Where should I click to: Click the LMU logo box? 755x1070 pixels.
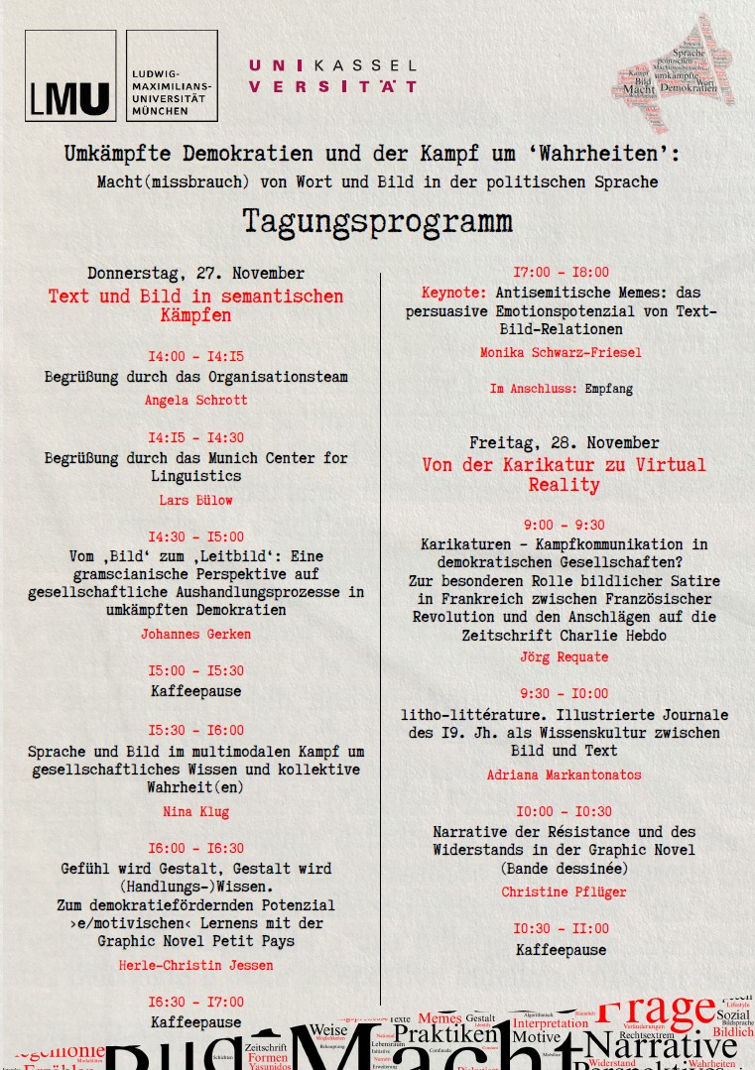point(70,75)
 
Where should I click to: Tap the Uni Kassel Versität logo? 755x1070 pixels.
point(332,75)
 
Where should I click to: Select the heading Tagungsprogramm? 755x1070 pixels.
point(377,220)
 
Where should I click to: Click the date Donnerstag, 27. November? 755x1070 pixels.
point(195,273)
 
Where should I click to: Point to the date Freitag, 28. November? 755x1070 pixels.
point(564,442)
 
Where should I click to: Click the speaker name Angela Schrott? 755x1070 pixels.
point(195,400)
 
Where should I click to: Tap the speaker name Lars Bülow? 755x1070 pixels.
point(195,500)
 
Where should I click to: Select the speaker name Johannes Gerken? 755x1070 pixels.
point(195,634)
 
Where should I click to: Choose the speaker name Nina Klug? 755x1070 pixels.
point(195,811)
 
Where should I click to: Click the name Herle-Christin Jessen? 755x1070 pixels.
point(195,965)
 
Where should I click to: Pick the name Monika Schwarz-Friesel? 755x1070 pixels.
point(561,352)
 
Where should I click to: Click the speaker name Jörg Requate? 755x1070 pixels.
point(564,656)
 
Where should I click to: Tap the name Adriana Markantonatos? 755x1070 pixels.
point(564,774)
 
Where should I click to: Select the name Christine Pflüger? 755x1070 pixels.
point(564,892)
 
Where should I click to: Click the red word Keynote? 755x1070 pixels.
point(453,293)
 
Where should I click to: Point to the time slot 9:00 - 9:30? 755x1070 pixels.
point(564,525)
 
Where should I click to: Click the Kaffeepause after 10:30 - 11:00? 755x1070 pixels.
point(561,950)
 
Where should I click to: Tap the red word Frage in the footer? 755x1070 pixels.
point(656,1011)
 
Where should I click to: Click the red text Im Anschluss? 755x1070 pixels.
point(533,389)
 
